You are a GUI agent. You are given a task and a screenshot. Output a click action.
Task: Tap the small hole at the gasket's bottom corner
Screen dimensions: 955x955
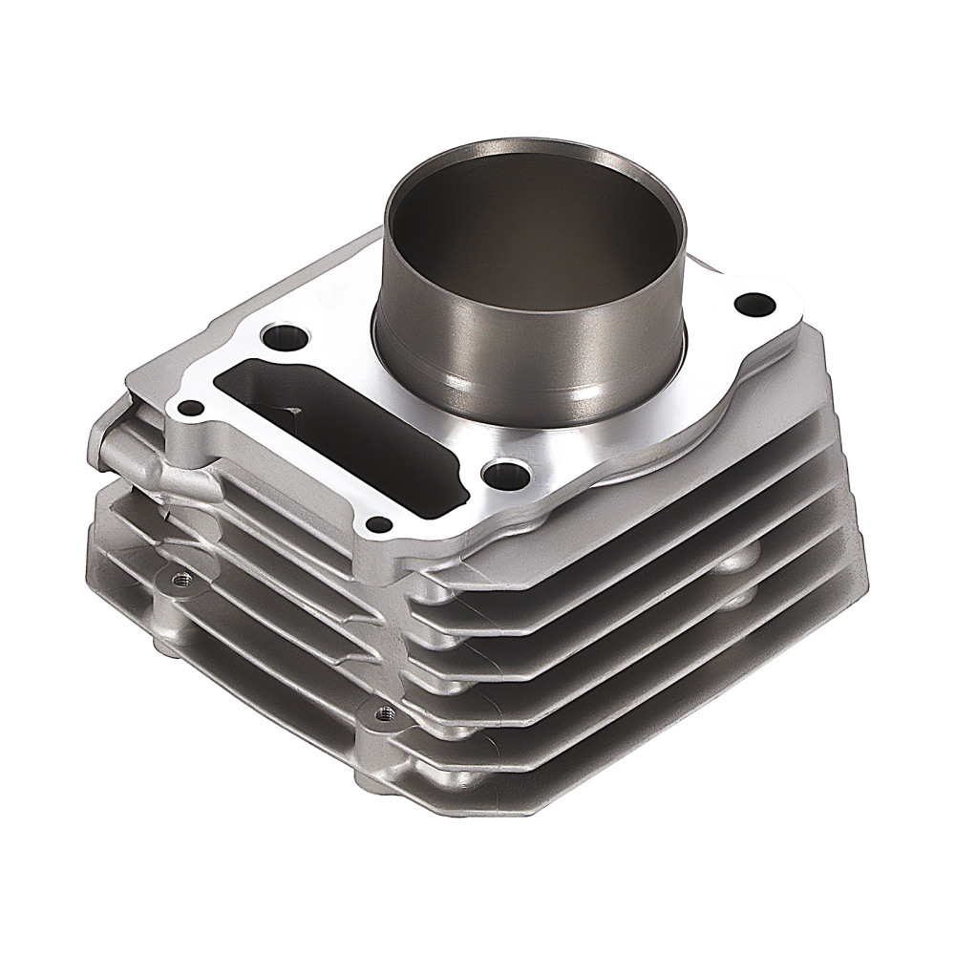pyautogui.click(x=380, y=523)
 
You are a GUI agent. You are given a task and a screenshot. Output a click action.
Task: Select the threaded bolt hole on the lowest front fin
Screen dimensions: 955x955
pyautogui.click(x=384, y=711)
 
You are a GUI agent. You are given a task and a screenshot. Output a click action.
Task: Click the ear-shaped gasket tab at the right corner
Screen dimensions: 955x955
pyautogui.click(x=764, y=310)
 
